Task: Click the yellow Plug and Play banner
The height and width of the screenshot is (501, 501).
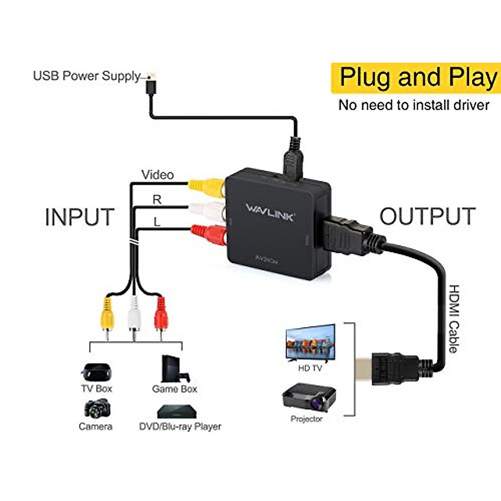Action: [x=416, y=78]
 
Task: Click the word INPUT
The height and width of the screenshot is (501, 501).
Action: [x=79, y=217]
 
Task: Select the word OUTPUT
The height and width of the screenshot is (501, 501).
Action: [x=428, y=216]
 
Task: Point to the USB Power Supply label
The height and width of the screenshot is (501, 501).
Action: [x=87, y=76]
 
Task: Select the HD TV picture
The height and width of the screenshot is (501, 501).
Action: [x=311, y=342]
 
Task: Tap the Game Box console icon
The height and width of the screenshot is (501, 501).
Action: [x=175, y=369]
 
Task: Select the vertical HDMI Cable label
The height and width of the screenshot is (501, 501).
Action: [x=453, y=319]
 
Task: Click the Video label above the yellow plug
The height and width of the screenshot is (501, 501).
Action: [x=157, y=175]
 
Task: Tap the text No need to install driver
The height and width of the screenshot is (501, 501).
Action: [x=413, y=105]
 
